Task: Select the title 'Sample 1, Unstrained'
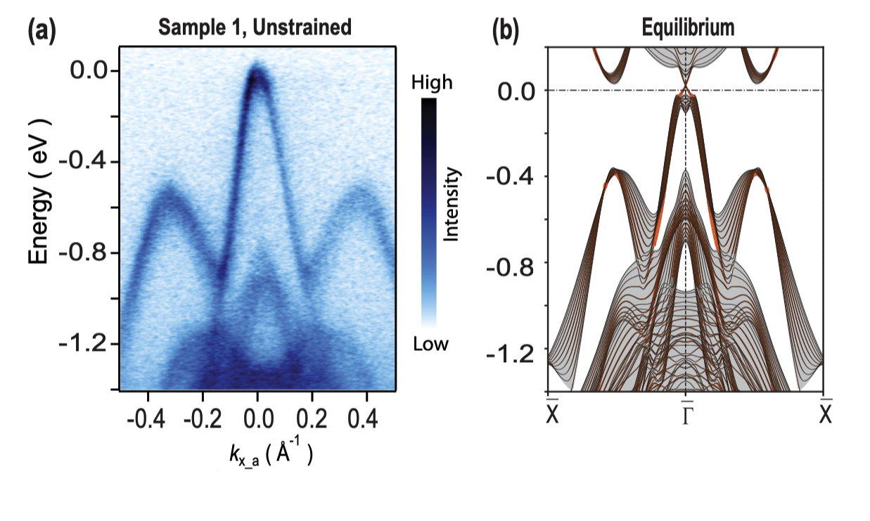coord(254,28)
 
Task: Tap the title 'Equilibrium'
coord(688,28)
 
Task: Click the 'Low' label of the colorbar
coord(430,344)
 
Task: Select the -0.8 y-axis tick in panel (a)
coord(84,253)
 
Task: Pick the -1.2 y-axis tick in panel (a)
coord(84,345)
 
